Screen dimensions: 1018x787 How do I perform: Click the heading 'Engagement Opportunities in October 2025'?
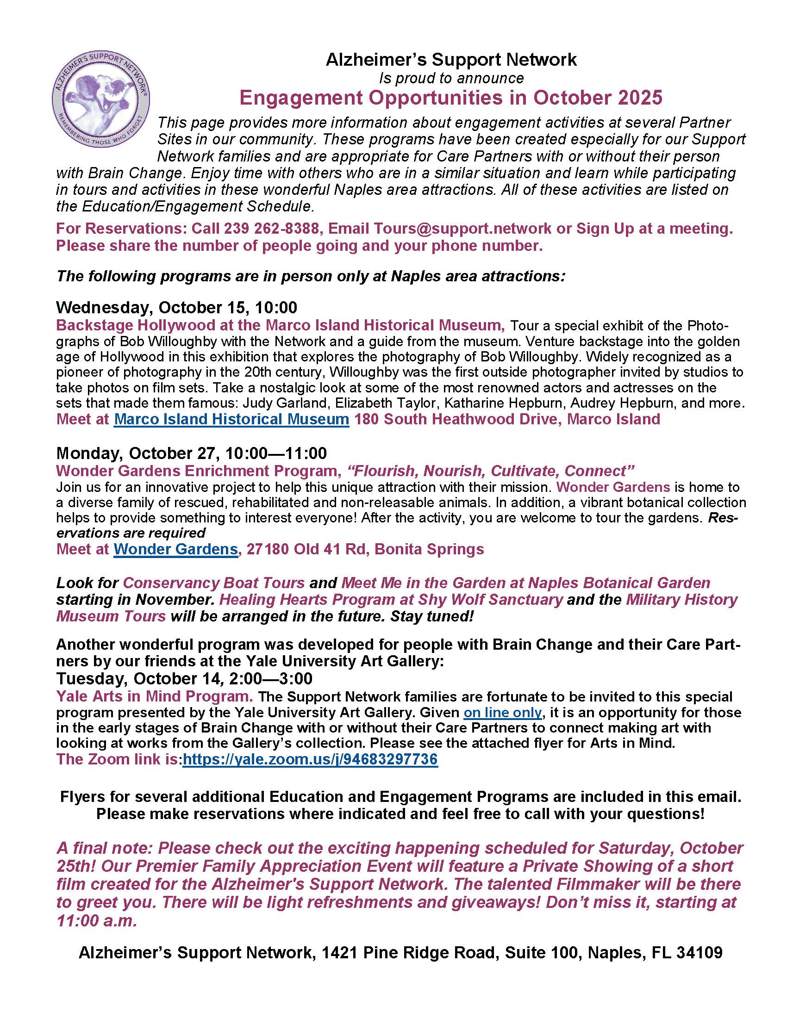pyautogui.click(x=450, y=98)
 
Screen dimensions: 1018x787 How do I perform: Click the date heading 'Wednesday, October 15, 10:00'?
pyautogui.click(x=176, y=307)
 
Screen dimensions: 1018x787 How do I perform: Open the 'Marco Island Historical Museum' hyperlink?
pyautogui.click(x=231, y=419)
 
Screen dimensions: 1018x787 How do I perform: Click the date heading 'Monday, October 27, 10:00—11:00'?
pyautogui.click(x=191, y=453)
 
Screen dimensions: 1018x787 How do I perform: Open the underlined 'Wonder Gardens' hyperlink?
pyautogui.click(x=176, y=549)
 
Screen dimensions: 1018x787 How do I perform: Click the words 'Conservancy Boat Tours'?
pyautogui.click(x=213, y=583)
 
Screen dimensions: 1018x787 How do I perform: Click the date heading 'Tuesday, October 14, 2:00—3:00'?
pyautogui.click(x=184, y=678)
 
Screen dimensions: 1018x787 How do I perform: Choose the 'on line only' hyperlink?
pyautogui.click(x=502, y=712)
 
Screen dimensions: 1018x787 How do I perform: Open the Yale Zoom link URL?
pyautogui.click(x=310, y=759)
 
